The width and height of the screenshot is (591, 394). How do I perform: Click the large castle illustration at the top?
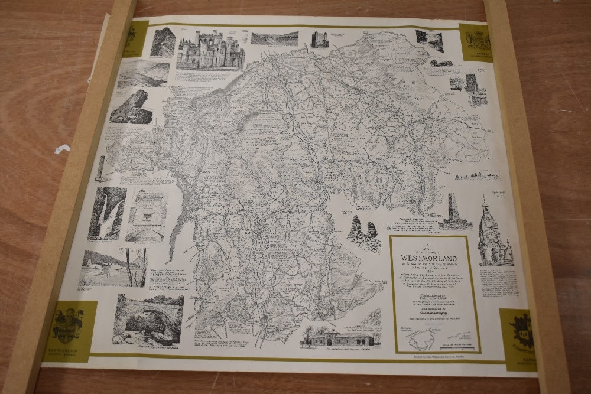[x=210, y=50]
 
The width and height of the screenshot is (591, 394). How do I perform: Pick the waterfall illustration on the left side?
[x=106, y=213]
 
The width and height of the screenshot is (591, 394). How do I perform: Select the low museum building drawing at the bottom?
[x=337, y=338]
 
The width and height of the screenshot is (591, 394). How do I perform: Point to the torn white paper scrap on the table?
[x=62, y=148]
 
